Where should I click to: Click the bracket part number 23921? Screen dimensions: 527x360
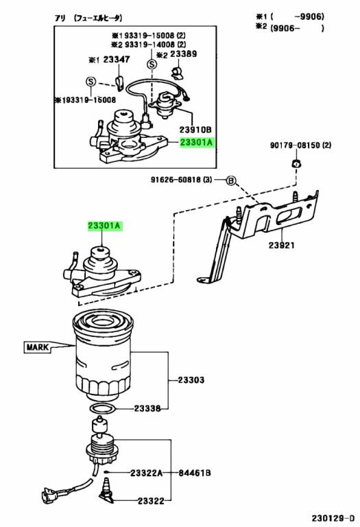point(283,244)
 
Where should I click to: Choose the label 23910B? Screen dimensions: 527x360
point(195,128)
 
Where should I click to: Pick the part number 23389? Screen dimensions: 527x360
point(183,54)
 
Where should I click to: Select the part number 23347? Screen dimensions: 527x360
point(117,60)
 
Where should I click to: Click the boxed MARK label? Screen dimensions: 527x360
point(38,347)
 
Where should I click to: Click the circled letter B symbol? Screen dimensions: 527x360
point(230,180)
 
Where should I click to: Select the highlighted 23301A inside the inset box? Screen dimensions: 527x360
point(197,143)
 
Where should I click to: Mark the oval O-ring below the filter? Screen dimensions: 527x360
point(102,408)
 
